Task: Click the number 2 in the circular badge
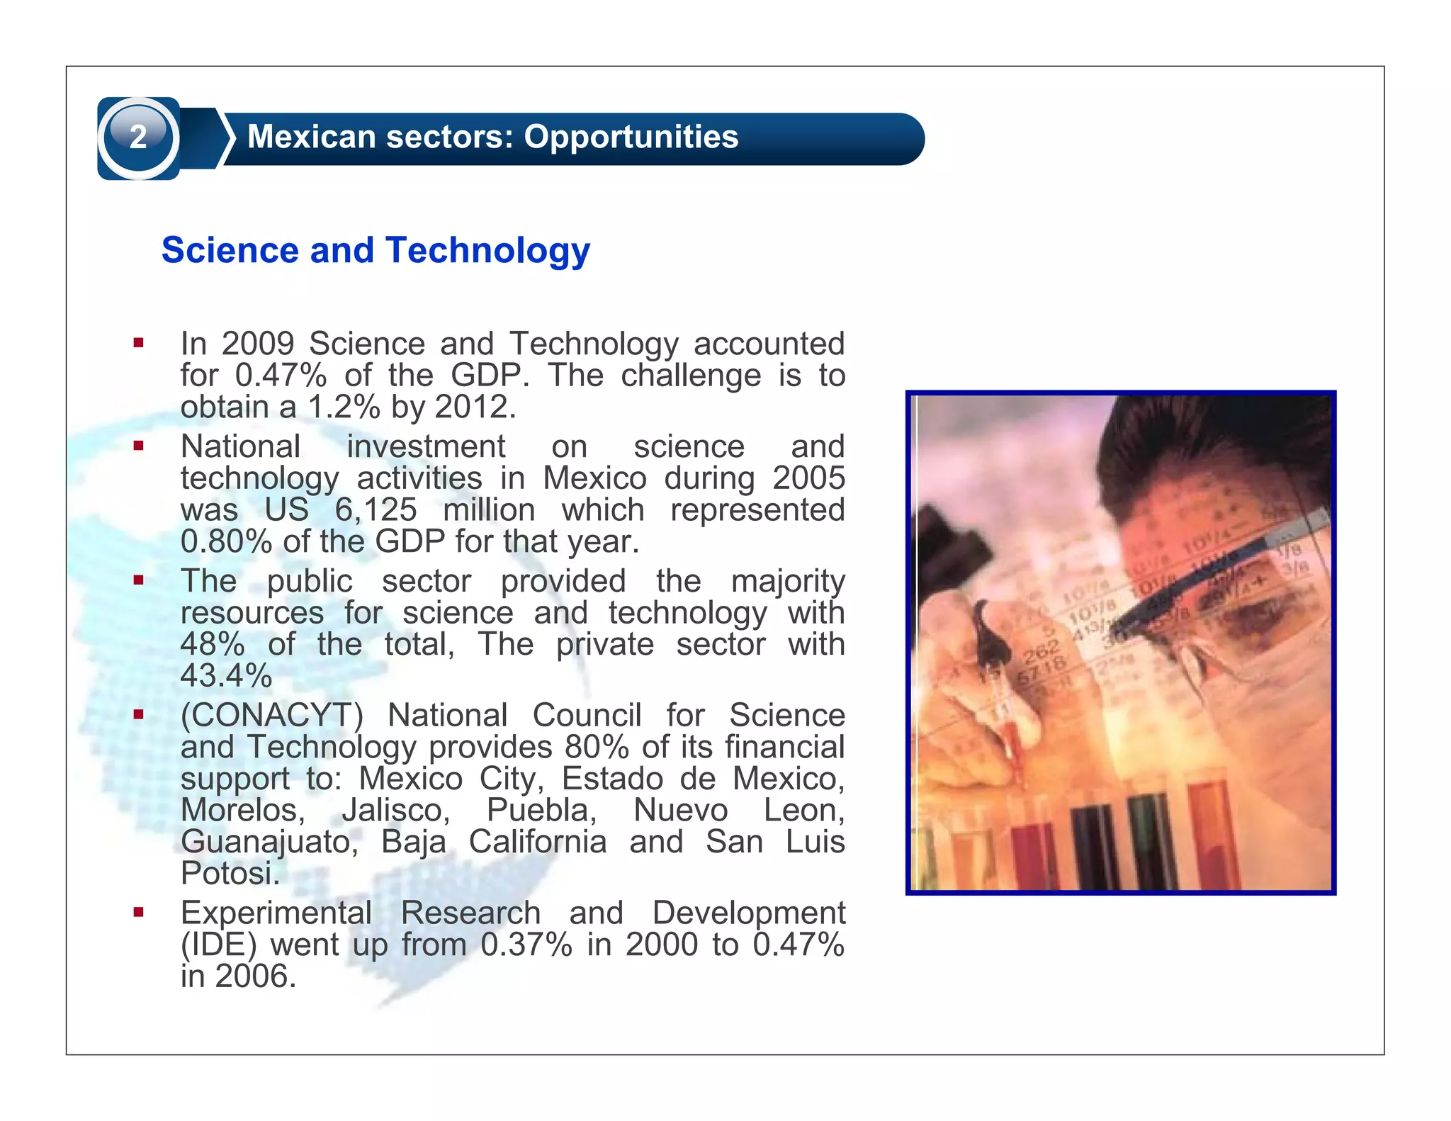[x=138, y=137]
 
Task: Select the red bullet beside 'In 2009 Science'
[x=138, y=344]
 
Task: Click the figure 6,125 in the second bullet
[x=376, y=510]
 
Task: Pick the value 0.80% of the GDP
[x=226, y=542]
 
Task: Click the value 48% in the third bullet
[x=213, y=645]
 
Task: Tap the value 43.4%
[x=226, y=676]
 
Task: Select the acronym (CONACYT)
[x=272, y=716]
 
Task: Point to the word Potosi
[x=230, y=874]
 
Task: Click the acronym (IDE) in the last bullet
[x=218, y=945]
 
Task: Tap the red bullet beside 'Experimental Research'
[x=138, y=913]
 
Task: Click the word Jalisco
[x=395, y=811]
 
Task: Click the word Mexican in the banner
[x=309, y=137]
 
